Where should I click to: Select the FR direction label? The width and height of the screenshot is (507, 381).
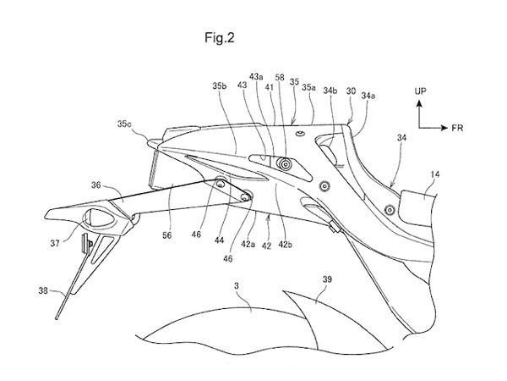tap(458, 130)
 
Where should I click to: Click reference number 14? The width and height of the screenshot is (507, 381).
tap(434, 176)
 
